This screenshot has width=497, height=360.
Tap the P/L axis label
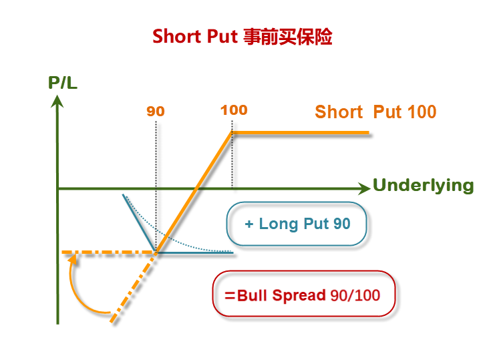coord(63,84)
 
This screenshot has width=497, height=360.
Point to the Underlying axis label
coord(423,186)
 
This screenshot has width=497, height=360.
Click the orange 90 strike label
coord(156,112)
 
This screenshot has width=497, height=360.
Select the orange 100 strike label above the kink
coord(233,110)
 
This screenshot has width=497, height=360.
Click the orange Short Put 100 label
coord(375,112)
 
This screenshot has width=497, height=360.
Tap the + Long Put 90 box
coord(297,224)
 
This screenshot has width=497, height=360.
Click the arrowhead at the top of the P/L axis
coord(58,101)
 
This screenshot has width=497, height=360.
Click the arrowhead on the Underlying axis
coord(364,188)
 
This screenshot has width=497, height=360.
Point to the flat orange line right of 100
coord(301,133)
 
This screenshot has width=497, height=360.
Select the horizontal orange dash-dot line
coord(107,252)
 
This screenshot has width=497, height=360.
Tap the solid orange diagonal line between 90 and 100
coord(194,193)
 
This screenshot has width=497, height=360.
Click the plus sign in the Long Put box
coord(249,224)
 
